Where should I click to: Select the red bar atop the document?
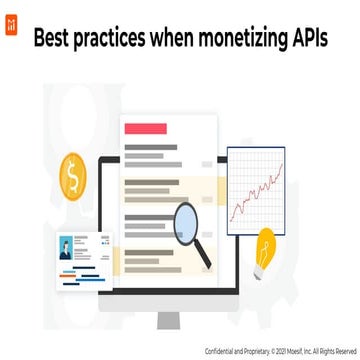[x=143, y=129]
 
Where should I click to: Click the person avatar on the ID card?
[x=66, y=245]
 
